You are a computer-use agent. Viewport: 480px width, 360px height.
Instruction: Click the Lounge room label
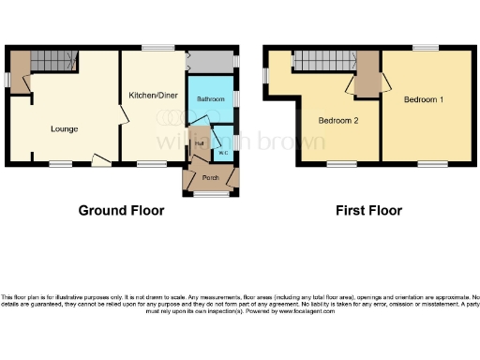[64, 128]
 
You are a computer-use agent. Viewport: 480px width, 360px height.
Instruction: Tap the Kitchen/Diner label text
[155, 96]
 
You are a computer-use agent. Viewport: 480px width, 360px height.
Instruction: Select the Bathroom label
[210, 98]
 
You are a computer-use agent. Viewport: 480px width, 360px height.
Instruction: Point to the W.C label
[224, 153]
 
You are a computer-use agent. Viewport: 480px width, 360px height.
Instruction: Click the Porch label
[211, 174]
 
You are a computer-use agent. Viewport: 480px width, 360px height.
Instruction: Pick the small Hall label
[200, 143]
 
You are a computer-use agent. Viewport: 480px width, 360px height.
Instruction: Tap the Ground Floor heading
[121, 211]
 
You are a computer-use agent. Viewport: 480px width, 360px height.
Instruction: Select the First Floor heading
[368, 211]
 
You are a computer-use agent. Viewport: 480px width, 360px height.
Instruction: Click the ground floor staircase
[52, 62]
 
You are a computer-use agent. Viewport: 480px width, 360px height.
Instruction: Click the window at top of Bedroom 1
[426, 47]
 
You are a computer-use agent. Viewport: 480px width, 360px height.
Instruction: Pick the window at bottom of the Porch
[211, 195]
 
